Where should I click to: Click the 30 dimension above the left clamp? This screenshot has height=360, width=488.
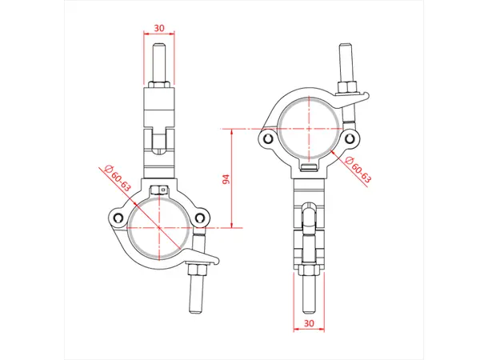point(158,27)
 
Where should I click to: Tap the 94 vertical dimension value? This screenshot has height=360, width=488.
point(226,178)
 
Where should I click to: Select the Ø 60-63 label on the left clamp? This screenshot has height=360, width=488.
point(117,176)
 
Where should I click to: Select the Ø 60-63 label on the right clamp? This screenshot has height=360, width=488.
point(359,170)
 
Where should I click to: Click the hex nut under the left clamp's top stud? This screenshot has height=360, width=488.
point(158,85)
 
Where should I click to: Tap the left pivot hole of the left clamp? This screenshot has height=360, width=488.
point(118,218)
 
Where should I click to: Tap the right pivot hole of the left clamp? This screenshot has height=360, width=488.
point(199,216)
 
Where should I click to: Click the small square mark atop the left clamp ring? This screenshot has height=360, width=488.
point(162,190)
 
